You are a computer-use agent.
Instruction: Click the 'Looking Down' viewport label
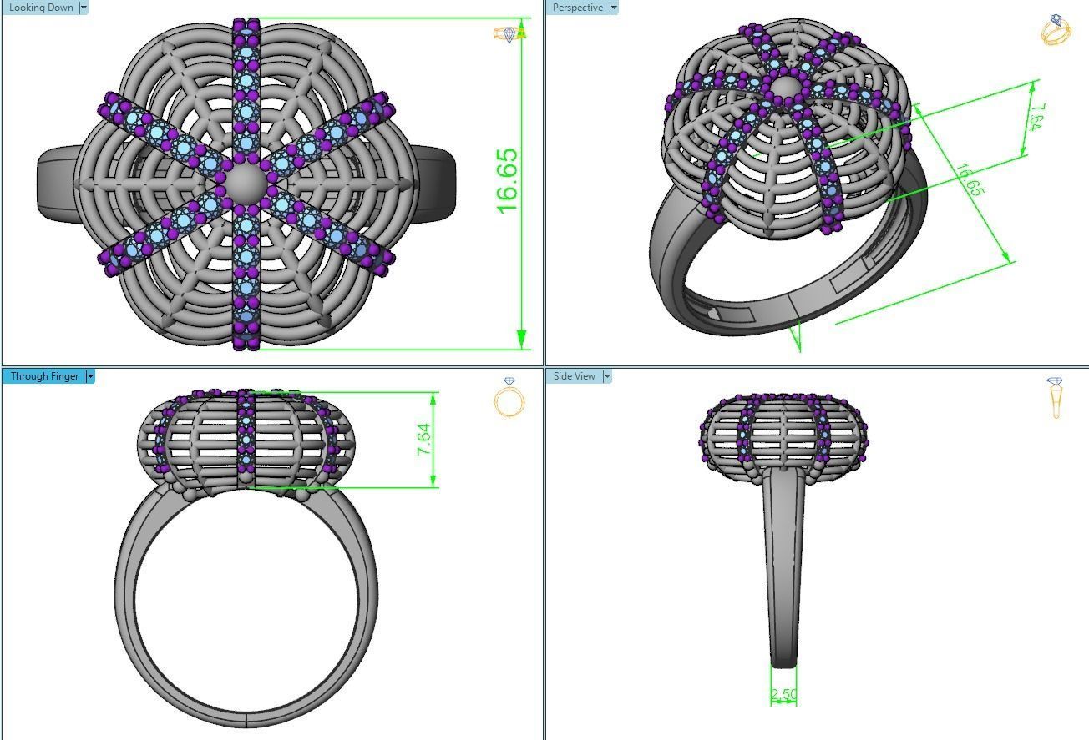[x=41, y=8]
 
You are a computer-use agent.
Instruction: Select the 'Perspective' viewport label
[x=577, y=8]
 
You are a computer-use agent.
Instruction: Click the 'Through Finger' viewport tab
[x=43, y=376]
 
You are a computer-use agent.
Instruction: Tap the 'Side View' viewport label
[x=574, y=376]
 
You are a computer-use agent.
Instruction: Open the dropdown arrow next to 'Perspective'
[x=614, y=8]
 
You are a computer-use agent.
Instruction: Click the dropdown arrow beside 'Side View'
[x=607, y=376]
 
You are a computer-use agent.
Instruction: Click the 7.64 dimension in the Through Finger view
[x=423, y=440]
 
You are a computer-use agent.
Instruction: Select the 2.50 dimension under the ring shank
[x=783, y=694]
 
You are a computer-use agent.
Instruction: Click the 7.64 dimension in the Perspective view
[x=1035, y=117]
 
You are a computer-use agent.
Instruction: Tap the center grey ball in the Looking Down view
[x=244, y=180]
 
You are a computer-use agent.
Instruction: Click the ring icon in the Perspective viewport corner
[x=1056, y=29]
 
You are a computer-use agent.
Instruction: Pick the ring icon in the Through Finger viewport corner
[x=509, y=398]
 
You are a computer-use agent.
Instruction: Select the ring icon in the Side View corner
[x=1056, y=397]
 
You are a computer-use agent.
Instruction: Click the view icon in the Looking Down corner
[x=509, y=34]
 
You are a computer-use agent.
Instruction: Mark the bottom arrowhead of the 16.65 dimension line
[x=521, y=339]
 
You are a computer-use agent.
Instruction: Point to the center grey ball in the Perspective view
[x=783, y=88]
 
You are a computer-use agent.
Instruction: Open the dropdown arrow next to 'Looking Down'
[x=83, y=8]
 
